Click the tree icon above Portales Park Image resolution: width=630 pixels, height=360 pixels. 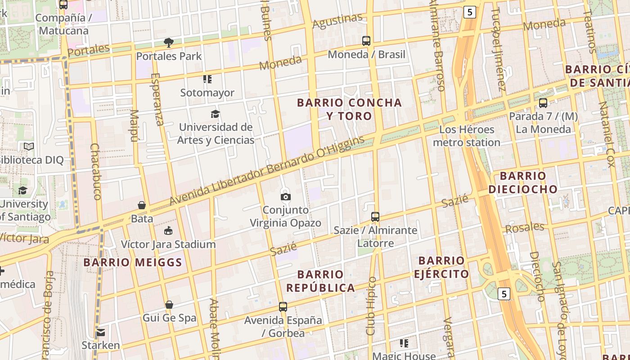[x=169, y=43]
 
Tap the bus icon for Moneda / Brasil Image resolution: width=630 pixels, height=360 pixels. [x=366, y=41]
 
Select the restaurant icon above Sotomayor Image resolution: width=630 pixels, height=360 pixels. [x=207, y=79]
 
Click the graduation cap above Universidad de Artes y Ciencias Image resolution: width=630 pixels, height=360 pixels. [x=216, y=114]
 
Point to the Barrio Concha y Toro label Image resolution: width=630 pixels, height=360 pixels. [x=349, y=109]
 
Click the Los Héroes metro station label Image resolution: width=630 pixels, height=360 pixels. [x=466, y=136]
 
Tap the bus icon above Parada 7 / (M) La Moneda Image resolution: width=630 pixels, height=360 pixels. [x=543, y=103]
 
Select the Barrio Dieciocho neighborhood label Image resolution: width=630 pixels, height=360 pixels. [x=523, y=182]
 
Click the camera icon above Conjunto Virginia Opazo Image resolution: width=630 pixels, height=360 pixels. [x=285, y=197]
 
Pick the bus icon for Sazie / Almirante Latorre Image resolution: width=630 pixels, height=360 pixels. [x=375, y=217]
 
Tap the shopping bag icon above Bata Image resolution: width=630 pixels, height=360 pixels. [x=142, y=205]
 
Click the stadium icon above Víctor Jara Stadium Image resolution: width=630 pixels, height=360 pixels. [x=168, y=231]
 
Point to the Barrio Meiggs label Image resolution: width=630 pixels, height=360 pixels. [x=133, y=262]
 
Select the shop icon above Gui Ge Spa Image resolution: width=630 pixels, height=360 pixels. [x=169, y=305]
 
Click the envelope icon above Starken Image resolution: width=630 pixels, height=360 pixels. [x=100, y=333]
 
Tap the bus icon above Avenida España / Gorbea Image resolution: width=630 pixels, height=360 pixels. [x=283, y=307]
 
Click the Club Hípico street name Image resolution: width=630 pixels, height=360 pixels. [x=371, y=306]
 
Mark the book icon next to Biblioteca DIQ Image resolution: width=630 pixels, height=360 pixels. [x=29, y=146]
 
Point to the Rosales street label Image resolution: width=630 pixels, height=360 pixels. [x=524, y=228]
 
